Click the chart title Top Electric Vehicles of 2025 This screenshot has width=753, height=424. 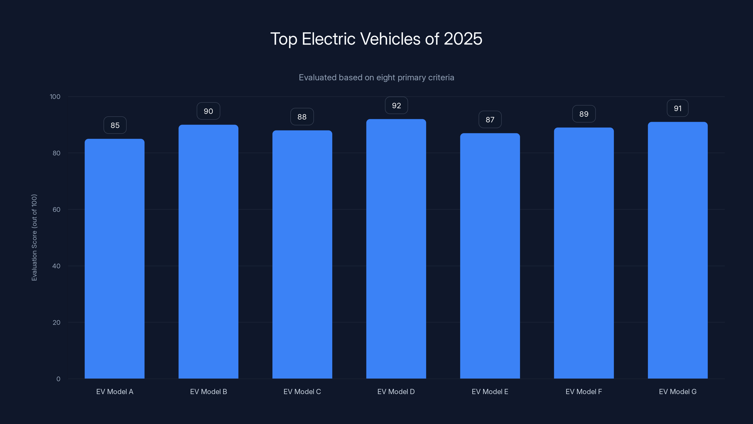pos(376,39)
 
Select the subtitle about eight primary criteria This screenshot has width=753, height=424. pos(376,77)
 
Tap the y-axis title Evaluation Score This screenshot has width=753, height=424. pos(35,237)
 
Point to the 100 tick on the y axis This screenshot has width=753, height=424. pos(55,97)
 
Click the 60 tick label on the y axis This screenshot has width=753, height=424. pos(56,209)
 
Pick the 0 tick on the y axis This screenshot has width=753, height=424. pos(58,379)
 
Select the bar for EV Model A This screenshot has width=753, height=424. pos(115,259)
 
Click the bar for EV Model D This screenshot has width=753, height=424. pos(396,249)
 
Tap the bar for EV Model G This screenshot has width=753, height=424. pos(678,250)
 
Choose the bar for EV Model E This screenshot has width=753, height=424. pos(490,256)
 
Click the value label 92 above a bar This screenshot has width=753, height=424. pos(396,106)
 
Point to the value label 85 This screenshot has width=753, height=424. pos(115,125)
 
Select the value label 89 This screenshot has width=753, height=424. pos(584,114)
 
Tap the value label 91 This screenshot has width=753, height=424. pos(678,109)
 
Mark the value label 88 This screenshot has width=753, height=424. pos(302,117)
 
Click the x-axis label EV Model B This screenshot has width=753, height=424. pos(208,391)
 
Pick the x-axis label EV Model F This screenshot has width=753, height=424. pos(584,391)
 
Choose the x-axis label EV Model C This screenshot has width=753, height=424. pos(302,391)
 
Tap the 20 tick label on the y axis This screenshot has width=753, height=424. pos(56,322)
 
